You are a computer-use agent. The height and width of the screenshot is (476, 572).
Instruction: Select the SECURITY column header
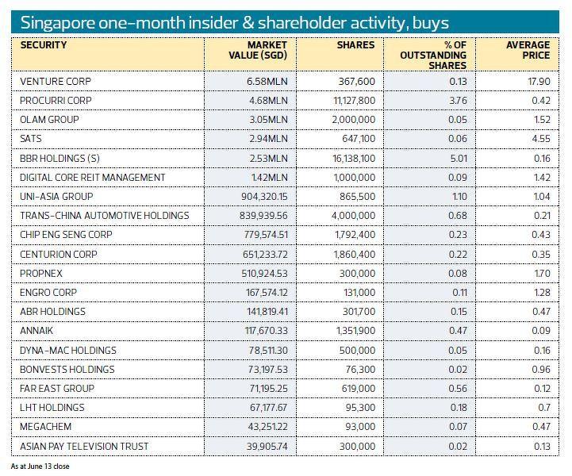(44, 45)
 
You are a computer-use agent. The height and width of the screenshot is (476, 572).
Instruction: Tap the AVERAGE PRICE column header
(528, 50)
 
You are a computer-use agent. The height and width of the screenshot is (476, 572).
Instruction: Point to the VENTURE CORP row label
(56, 82)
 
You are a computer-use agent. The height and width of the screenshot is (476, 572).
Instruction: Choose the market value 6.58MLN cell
(267, 82)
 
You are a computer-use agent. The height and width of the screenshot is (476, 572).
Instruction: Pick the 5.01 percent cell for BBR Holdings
(458, 158)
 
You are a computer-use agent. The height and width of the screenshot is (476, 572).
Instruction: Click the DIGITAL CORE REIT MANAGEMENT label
(93, 178)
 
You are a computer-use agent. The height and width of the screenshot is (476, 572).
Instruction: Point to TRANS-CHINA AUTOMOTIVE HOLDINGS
(105, 216)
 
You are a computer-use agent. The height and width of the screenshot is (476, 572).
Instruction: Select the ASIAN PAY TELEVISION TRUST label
(83, 446)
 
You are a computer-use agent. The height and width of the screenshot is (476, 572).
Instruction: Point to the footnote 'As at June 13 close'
(40, 466)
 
